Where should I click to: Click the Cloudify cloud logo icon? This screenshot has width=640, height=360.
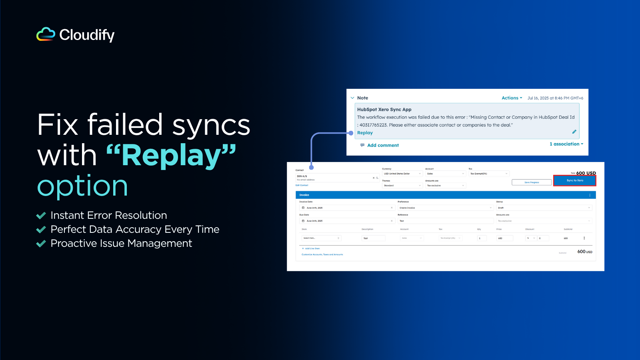point(46,34)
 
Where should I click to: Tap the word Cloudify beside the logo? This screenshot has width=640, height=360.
point(87,35)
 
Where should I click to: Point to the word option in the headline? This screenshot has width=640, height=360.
point(82,186)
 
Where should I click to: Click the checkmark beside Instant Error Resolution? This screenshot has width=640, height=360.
point(41,216)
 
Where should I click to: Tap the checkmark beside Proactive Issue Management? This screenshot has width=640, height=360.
point(41,244)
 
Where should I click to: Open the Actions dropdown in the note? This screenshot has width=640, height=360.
point(512,98)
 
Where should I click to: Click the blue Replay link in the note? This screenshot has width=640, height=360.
point(365,133)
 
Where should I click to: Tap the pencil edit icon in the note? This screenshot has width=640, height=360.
point(574,132)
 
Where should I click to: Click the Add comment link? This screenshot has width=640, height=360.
point(383,145)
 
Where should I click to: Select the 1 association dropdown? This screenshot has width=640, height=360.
point(566,144)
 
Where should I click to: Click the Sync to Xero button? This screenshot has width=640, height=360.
point(574,180)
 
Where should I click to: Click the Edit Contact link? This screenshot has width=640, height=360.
point(302,185)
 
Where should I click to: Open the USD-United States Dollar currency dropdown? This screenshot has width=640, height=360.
point(402,174)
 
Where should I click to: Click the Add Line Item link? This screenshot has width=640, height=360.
point(312,248)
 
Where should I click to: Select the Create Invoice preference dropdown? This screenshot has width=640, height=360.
point(445,208)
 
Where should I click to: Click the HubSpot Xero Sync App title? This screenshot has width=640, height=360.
point(384,110)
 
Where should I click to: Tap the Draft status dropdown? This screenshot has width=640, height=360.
point(544,208)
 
